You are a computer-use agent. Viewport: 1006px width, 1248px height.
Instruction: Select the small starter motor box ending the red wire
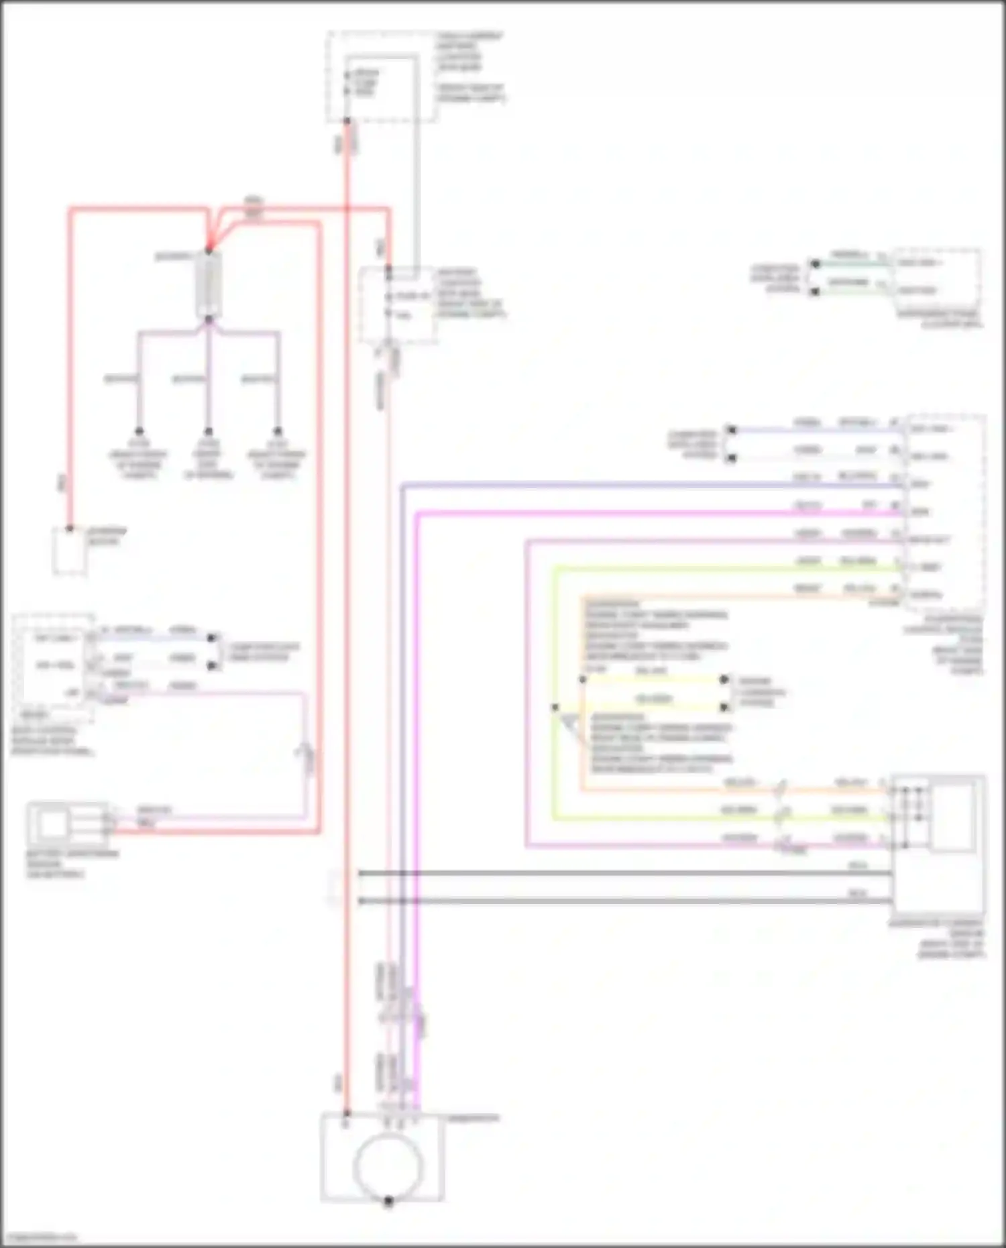70,551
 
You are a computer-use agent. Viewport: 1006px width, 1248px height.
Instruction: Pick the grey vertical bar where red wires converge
209,285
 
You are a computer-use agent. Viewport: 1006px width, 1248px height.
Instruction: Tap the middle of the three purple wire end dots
209,431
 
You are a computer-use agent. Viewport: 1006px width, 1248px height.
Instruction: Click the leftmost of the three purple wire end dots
139,431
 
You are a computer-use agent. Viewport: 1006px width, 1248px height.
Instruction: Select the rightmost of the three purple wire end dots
278,431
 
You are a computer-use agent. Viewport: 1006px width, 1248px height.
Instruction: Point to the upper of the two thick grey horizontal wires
624,873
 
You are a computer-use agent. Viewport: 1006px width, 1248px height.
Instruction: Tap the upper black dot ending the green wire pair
815,264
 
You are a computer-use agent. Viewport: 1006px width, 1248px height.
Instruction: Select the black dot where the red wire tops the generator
347,1114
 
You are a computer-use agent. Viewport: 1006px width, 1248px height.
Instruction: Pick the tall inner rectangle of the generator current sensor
952,815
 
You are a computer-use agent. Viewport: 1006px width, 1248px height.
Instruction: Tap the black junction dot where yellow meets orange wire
582,679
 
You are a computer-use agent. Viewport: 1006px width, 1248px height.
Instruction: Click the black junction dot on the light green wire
555,707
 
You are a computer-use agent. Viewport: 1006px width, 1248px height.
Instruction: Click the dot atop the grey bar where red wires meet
209,252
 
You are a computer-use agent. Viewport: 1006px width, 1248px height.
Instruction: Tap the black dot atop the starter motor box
70,528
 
